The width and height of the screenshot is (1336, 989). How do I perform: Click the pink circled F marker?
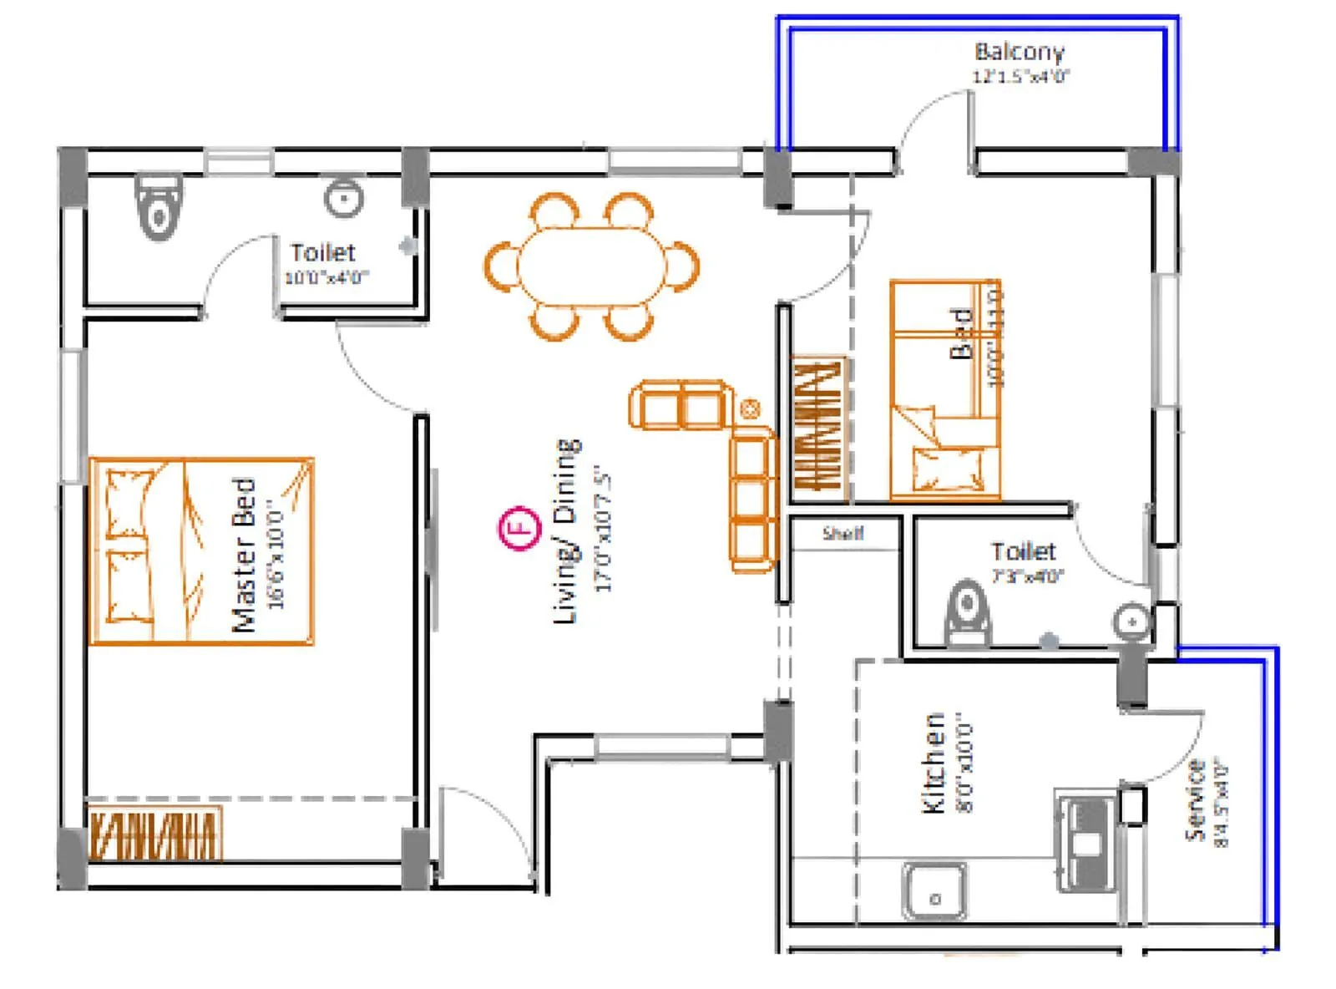519,528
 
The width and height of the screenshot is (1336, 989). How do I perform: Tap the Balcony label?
1019,52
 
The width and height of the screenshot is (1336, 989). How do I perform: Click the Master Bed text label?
243,555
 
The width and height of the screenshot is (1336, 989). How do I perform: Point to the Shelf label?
843,533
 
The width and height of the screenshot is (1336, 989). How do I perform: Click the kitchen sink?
934,891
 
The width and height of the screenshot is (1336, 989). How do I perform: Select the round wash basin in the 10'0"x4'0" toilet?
342,199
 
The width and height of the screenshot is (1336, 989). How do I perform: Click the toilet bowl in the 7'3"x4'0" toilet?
968,611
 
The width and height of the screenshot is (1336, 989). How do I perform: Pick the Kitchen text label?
933,763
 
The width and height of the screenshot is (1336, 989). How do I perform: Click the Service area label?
1196,800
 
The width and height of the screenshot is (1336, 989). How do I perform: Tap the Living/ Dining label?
567,531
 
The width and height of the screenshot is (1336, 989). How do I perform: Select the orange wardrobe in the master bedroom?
155,833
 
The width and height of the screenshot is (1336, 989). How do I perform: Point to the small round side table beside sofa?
750,408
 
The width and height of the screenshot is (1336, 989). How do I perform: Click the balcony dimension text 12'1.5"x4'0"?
1020,77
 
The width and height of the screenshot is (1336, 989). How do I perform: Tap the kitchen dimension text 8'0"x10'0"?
965,763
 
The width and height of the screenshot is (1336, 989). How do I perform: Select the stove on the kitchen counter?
1086,842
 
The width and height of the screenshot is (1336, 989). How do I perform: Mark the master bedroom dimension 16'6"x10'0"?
276,555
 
